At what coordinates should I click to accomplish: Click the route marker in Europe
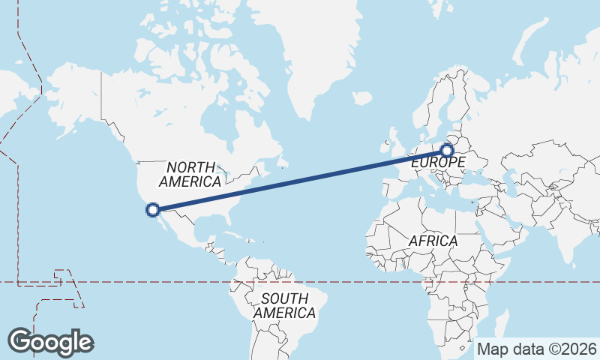point(448,151)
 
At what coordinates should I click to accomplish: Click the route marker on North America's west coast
point(153,210)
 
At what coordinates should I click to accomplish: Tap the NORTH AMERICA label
point(190,174)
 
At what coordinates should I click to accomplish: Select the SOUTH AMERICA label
point(283,305)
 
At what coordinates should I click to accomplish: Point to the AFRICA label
point(433,241)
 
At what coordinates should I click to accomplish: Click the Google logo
point(50,341)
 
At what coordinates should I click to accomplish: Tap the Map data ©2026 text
point(537,349)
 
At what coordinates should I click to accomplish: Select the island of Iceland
point(361,98)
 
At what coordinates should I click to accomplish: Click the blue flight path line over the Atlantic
point(300,180)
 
